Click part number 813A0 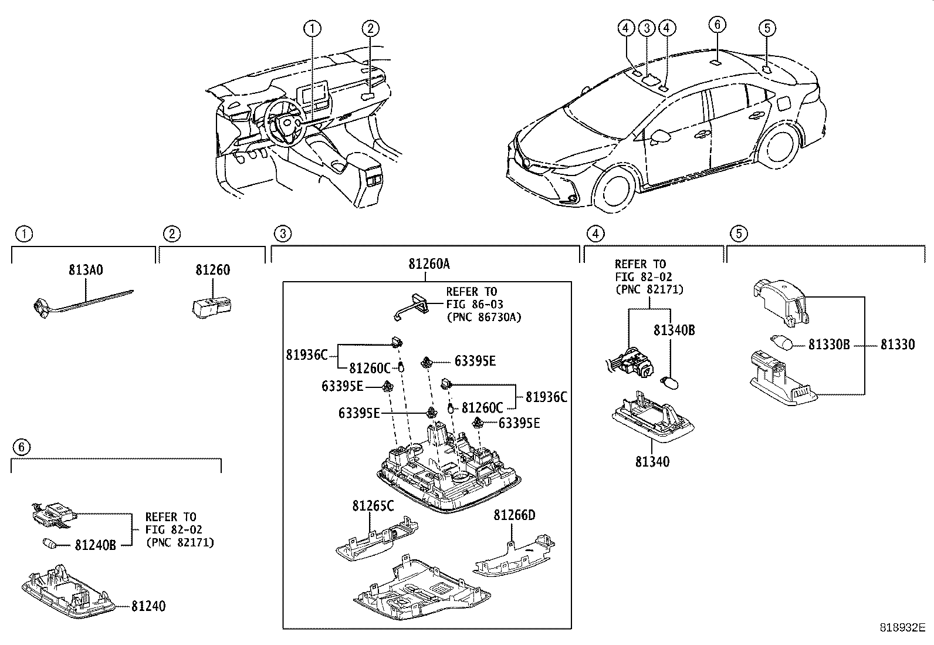point(86,270)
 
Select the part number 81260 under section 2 point(212,270)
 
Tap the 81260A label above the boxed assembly point(429,264)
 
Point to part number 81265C point(373,505)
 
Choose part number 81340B point(674,331)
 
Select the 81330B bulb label point(828,345)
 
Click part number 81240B point(95,545)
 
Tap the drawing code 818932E point(901,627)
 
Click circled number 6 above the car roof point(717,25)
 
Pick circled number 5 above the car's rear point(767,28)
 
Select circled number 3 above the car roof point(647,28)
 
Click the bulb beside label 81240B point(49,543)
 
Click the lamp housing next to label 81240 point(68,593)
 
